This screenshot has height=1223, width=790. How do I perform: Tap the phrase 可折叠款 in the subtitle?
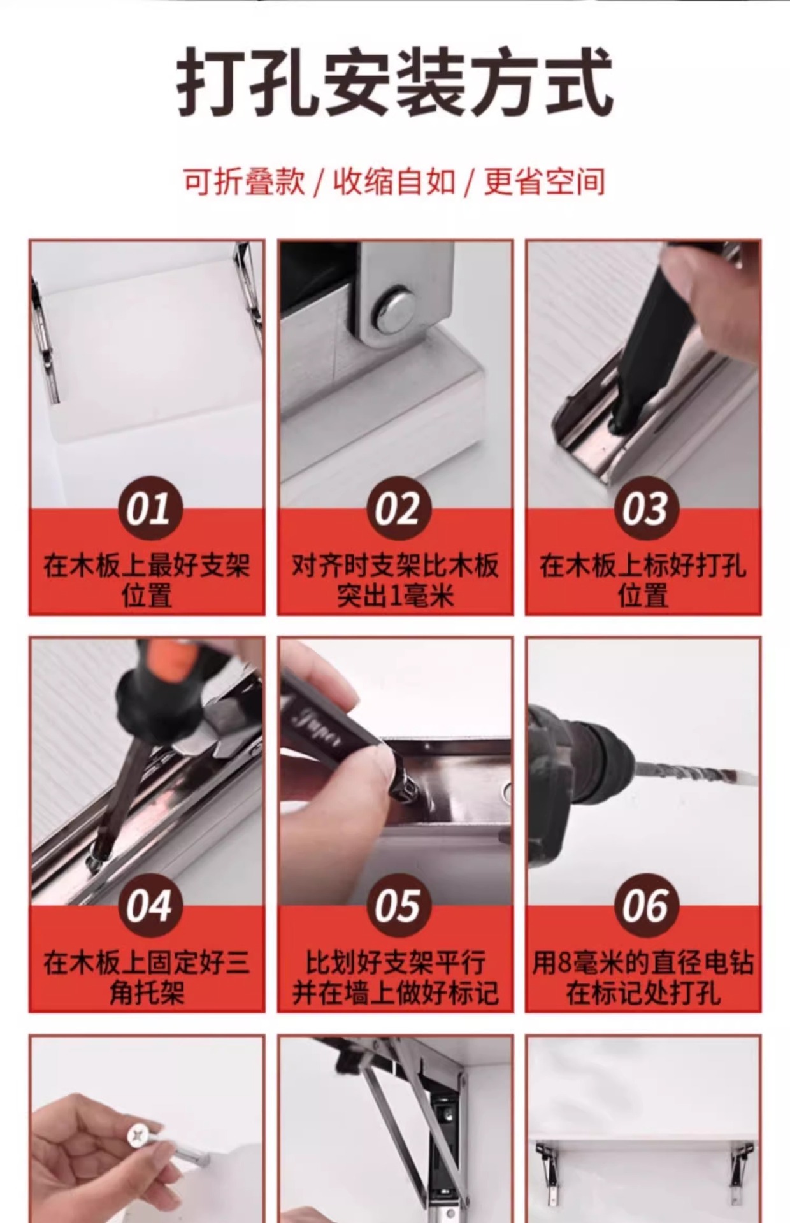pyautogui.click(x=244, y=182)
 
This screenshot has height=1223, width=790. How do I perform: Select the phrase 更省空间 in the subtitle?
pyautogui.click(x=544, y=182)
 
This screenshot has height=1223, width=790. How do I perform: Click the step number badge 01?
pyautogui.click(x=148, y=509)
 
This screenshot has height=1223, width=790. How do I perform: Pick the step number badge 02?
pyautogui.click(x=396, y=509)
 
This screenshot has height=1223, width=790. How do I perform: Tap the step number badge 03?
pyautogui.click(x=644, y=509)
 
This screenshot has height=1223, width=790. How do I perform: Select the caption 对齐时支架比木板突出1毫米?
pyautogui.click(x=395, y=580)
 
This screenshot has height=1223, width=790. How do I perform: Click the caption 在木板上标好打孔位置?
pyautogui.click(x=643, y=580)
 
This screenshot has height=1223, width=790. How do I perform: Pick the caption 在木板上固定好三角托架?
pyautogui.click(x=147, y=976)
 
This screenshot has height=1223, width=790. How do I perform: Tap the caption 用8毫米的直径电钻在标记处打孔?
pyautogui.click(x=643, y=976)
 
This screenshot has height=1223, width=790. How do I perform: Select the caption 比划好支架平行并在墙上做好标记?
pyautogui.click(x=395, y=976)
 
